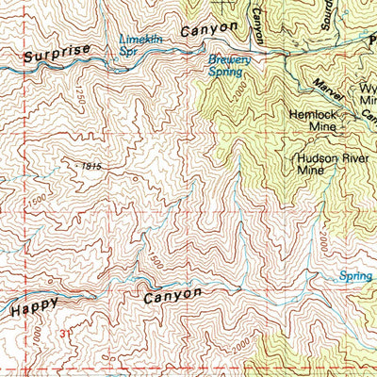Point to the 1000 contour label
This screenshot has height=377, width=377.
point(35,334)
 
